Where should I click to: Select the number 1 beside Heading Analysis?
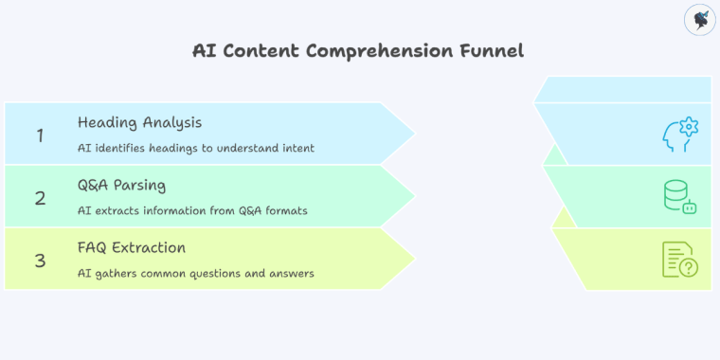(x=40, y=135)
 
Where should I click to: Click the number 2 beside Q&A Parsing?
(x=40, y=198)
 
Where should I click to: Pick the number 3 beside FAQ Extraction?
(x=40, y=261)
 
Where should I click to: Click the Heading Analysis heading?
(x=139, y=123)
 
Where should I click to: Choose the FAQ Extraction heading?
(x=132, y=248)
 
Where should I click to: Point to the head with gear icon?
(x=678, y=135)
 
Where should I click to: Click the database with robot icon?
(x=679, y=197)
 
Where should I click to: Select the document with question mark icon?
(x=679, y=260)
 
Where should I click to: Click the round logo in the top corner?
(x=698, y=20)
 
